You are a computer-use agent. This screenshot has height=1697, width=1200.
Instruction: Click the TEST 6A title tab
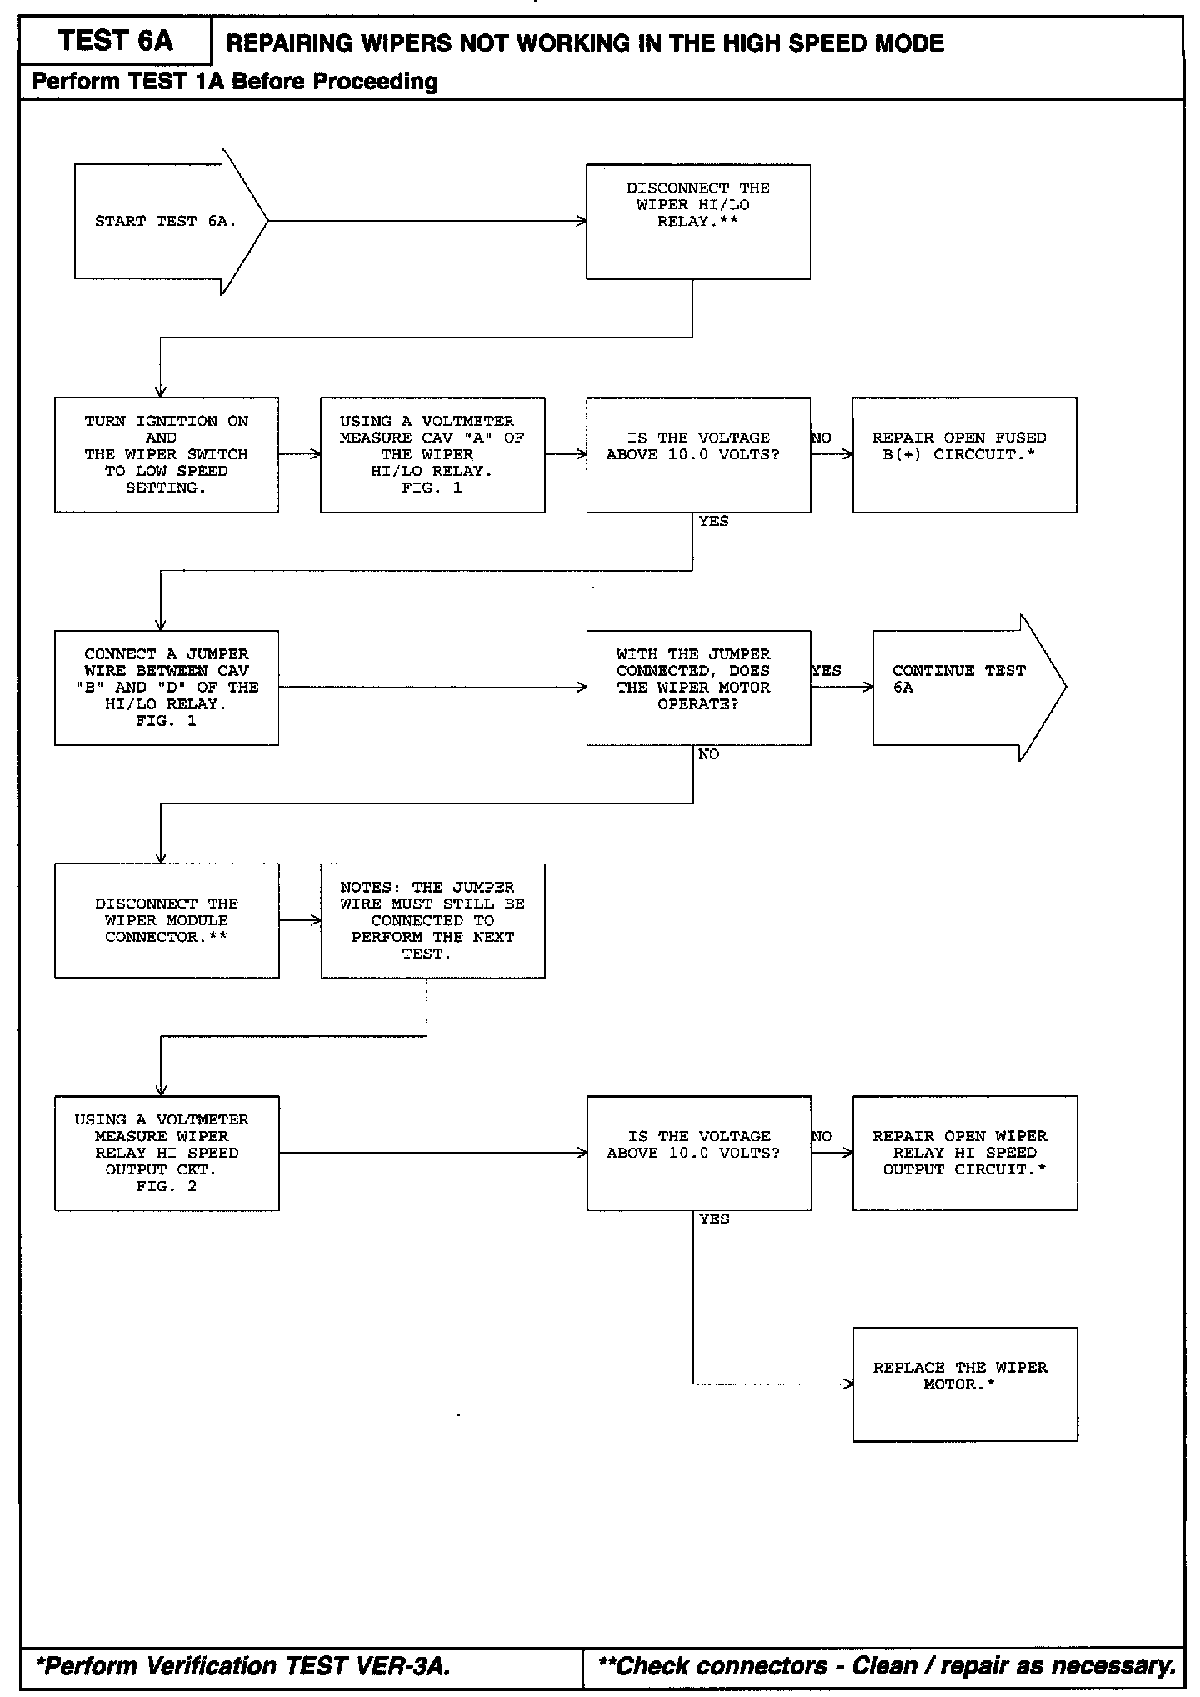[x=116, y=41]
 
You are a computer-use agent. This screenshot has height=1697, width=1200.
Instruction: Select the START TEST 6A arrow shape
[x=167, y=222]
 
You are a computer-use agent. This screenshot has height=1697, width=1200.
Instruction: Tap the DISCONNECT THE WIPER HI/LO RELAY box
[x=697, y=222]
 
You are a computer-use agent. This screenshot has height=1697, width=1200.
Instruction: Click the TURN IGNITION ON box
[x=166, y=454]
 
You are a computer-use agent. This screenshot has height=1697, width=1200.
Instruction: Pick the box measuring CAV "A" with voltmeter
[x=432, y=454]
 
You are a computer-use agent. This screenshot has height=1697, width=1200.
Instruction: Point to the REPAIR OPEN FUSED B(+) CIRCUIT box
[x=964, y=454]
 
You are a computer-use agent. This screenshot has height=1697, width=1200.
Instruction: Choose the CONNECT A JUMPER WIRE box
[x=166, y=688]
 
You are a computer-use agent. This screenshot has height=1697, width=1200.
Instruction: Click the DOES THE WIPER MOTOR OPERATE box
[x=697, y=688]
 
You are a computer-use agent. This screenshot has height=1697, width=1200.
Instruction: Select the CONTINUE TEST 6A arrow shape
[x=962, y=688]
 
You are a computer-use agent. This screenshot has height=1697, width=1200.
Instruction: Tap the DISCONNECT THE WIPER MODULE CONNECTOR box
[x=166, y=920]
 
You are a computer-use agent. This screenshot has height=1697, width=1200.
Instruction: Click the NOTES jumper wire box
[x=432, y=920]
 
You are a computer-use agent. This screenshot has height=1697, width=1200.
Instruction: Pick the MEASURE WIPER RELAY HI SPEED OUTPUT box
[x=166, y=1153]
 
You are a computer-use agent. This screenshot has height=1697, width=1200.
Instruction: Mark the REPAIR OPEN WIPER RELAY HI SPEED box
[x=964, y=1153]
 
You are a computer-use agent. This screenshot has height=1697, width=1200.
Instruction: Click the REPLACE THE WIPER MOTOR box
[x=964, y=1384]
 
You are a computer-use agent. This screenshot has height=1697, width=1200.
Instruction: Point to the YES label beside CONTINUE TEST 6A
[x=826, y=671]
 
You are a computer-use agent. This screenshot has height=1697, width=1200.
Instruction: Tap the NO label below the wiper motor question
[x=708, y=754]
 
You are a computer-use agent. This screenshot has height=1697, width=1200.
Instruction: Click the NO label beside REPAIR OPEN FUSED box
[x=821, y=438]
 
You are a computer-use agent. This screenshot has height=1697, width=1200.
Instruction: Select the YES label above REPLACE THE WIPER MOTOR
[x=714, y=1219]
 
